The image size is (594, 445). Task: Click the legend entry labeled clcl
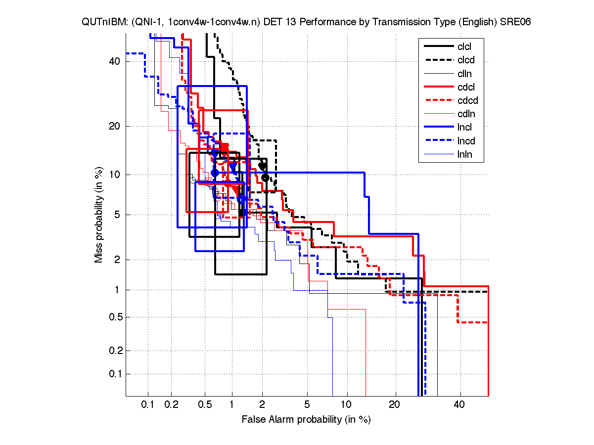click(x=464, y=46)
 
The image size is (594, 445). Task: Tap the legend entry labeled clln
click(x=464, y=74)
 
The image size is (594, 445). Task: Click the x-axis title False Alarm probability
click(x=306, y=420)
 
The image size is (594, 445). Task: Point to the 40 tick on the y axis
click(x=115, y=61)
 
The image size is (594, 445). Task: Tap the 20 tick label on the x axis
click(x=394, y=405)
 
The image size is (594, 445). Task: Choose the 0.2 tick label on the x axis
click(x=171, y=405)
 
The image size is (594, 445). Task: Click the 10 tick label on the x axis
click(x=347, y=405)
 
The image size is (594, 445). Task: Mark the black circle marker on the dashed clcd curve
click(x=265, y=178)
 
